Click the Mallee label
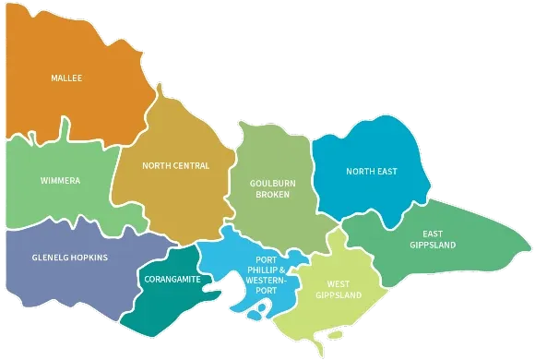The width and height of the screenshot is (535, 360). [x=66, y=78]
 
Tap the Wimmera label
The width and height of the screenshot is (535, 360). [x=60, y=180]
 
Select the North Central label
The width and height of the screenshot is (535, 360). [x=175, y=166]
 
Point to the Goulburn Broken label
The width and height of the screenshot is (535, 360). [x=272, y=188]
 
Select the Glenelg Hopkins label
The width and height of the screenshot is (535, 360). [x=70, y=258]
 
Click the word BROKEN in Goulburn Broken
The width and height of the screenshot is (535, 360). [x=272, y=195]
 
